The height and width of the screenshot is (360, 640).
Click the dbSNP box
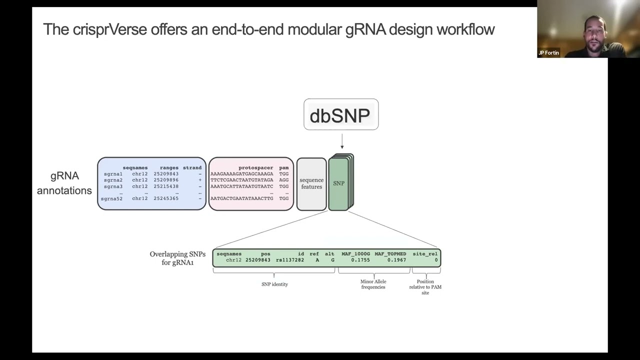coord(340,115)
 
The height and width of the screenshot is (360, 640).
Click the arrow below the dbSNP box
coord(342,141)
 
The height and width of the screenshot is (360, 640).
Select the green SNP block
coord(339,183)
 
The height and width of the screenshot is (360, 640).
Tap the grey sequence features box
coord(311,183)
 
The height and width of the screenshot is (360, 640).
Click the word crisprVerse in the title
coord(110,29)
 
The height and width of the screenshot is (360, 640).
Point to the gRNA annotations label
coord(64,183)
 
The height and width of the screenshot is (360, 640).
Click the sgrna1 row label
coord(113,174)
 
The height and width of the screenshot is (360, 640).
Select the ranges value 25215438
coord(166,186)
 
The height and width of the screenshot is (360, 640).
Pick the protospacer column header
coord(255,168)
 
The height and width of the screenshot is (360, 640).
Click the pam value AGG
coord(283,180)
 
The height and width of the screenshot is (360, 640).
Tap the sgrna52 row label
coord(111,198)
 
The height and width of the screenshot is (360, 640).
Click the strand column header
coord(192,168)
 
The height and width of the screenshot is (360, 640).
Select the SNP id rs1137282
coord(290,260)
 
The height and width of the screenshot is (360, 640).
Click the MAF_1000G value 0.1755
coord(360,260)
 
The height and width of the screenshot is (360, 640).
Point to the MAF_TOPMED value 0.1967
coord(396,260)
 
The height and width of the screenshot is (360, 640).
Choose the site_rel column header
coord(425,254)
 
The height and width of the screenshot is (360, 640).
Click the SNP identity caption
coord(274,284)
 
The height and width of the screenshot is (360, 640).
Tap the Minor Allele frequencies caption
coord(373,284)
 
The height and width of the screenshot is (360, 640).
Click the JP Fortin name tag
coord(548,53)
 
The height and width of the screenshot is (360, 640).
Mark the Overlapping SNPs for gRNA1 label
coord(177,258)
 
